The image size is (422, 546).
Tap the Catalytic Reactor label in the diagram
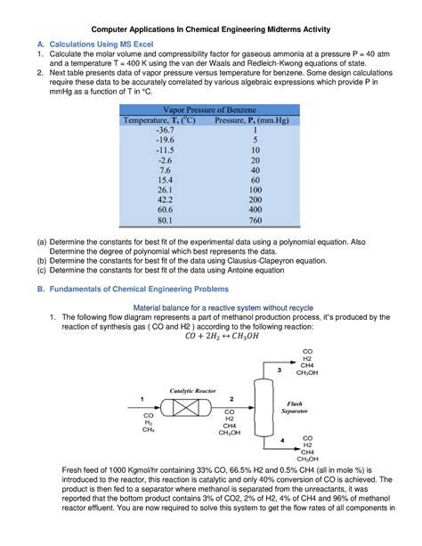click(x=193, y=390)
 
